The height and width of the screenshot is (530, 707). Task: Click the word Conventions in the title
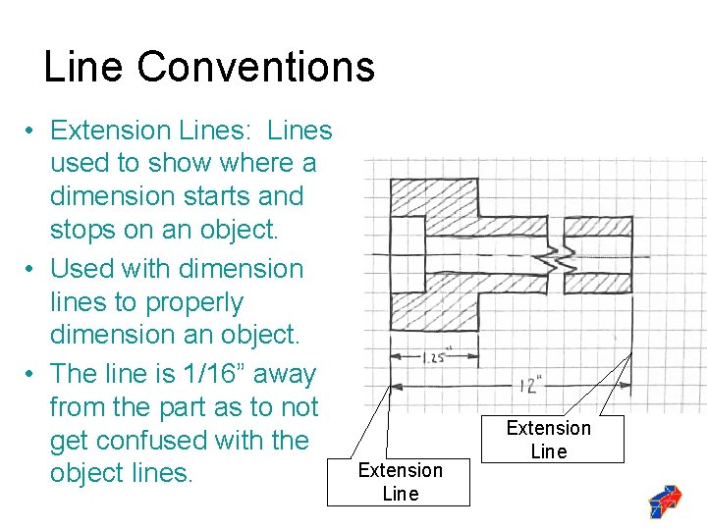[x=255, y=67]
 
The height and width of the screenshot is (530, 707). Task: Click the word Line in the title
[x=84, y=67]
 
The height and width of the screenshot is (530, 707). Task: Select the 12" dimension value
[x=531, y=384]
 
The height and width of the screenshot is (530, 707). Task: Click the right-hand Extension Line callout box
[x=548, y=439]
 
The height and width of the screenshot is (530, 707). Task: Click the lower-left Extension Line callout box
[x=400, y=481]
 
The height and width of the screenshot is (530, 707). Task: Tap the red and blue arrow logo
[x=666, y=501]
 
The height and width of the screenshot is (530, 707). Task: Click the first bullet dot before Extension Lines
[x=31, y=131]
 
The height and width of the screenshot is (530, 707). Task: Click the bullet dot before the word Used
[x=31, y=269]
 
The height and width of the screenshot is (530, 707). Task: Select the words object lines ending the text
[x=120, y=473]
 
